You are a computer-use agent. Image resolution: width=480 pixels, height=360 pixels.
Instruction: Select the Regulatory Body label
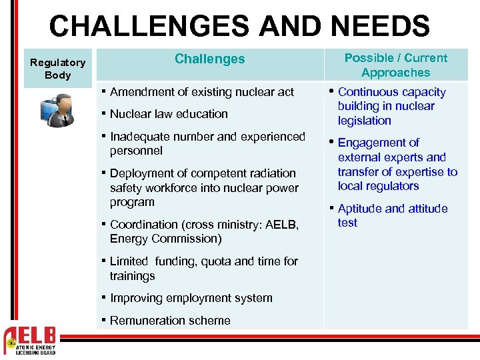pos(58,69)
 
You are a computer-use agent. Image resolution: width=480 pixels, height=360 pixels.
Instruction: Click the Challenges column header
pos(209,59)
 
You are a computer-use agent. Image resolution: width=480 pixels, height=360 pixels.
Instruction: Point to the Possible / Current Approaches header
pos(395,65)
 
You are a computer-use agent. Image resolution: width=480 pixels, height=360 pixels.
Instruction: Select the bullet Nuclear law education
pos(168,114)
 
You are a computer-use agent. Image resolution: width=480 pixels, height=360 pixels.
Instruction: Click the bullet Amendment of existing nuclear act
pos(201,92)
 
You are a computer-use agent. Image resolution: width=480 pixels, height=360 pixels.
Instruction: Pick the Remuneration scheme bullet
pos(169,321)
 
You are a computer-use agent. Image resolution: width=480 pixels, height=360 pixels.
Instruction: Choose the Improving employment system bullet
pos(191,298)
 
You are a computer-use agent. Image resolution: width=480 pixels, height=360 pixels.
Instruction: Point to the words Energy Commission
pos(165,239)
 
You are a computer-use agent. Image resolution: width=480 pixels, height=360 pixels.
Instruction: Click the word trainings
pos(132,276)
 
